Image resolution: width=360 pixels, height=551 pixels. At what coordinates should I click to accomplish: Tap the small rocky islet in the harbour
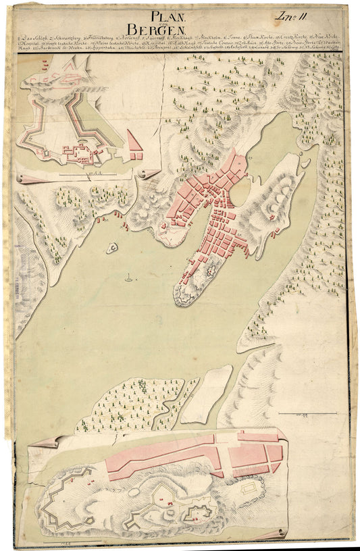110,248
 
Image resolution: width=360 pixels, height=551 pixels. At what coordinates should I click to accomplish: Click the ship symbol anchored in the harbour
128,277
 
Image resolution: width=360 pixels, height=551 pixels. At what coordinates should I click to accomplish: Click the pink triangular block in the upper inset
134,142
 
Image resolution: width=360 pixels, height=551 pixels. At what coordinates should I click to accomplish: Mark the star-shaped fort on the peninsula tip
207,271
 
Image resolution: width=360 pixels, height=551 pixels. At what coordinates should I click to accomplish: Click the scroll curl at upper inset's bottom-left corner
23,178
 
